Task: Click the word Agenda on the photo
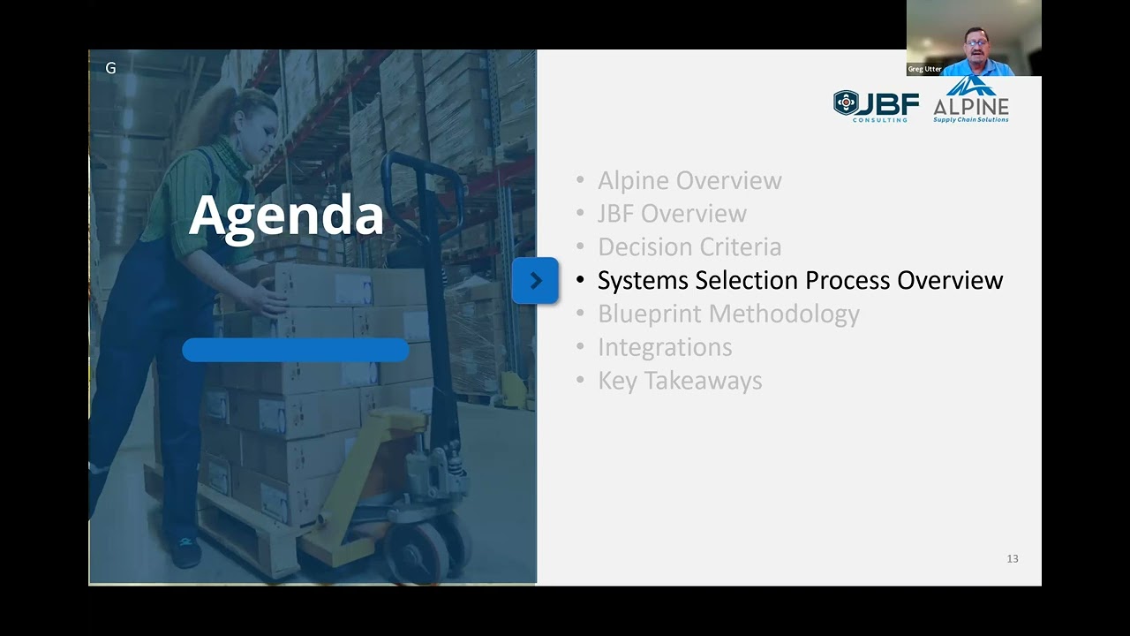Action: [x=286, y=216]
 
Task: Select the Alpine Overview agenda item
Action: [x=689, y=180]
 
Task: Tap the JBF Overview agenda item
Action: [x=672, y=214]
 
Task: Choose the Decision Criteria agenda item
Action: [x=689, y=247]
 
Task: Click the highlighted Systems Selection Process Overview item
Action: [x=800, y=280]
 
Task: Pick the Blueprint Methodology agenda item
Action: [x=728, y=314]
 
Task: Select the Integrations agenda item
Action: [x=665, y=347]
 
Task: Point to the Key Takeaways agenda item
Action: [x=680, y=381]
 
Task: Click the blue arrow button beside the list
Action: [x=535, y=281]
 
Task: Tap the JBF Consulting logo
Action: [x=876, y=105]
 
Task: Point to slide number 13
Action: [x=1013, y=558]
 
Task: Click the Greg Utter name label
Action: [x=924, y=69]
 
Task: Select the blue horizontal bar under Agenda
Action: [x=295, y=350]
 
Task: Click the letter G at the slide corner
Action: [x=110, y=68]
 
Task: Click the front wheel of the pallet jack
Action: [x=418, y=553]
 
